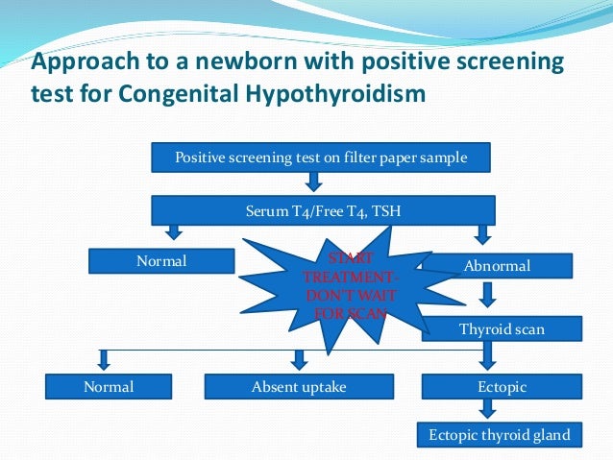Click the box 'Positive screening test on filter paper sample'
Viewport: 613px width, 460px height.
click(x=322, y=157)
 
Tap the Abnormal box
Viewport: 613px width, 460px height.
click(x=497, y=266)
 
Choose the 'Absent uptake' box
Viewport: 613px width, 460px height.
click(x=299, y=386)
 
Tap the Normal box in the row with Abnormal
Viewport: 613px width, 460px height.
click(x=161, y=260)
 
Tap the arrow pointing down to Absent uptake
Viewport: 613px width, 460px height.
click(x=299, y=360)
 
